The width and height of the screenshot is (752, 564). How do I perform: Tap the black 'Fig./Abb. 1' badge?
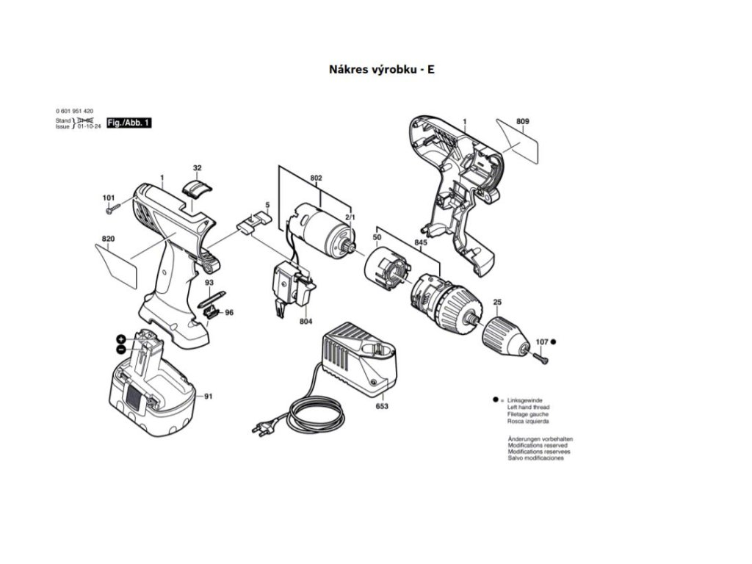click(x=129, y=123)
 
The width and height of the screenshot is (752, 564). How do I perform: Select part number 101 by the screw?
click(x=109, y=198)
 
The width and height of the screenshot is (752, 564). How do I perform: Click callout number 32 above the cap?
click(x=197, y=168)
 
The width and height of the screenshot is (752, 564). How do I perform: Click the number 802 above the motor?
click(x=316, y=178)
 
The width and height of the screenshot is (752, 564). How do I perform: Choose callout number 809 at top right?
click(x=522, y=121)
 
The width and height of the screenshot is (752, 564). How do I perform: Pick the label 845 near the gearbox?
click(x=421, y=242)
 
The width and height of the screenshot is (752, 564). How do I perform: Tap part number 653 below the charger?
click(x=382, y=405)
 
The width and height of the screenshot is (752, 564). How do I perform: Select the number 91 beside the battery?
click(x=208, y=397)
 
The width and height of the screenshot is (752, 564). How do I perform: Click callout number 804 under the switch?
click(x=305, y=322)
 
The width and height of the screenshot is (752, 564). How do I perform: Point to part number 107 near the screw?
click(x=542, y=341)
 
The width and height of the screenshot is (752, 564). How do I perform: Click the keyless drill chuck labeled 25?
click(x=505, y=334)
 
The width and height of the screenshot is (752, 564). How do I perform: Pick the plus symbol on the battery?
click(x=120, y=339)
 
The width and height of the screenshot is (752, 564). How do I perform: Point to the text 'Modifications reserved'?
click(x=539, y=445)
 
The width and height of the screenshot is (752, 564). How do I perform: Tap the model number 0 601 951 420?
click(x=74, y=110)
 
